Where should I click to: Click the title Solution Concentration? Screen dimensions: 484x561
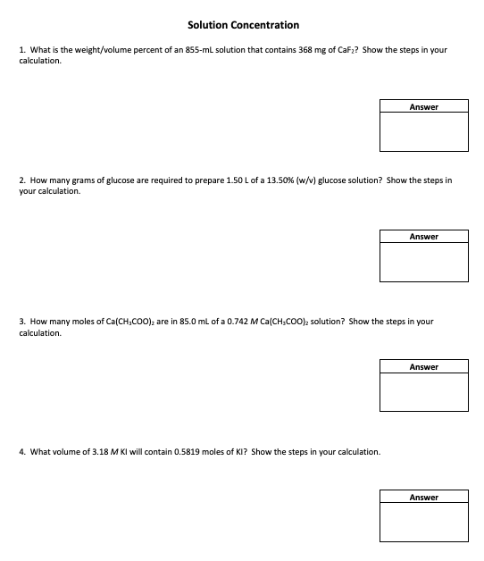(243, 25)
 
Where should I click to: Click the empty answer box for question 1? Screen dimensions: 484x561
(424, 131)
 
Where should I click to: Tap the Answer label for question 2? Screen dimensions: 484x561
(424, 237)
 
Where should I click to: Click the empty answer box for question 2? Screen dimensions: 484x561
(424, 262)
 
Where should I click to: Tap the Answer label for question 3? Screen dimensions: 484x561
(424, 367)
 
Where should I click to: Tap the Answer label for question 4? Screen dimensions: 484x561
(424, 497)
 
